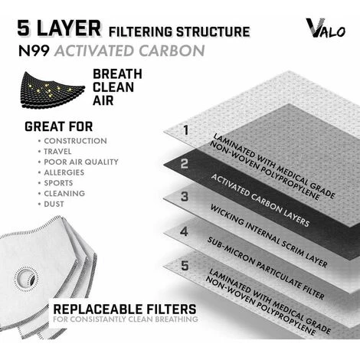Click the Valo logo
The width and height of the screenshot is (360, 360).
coord(326,28)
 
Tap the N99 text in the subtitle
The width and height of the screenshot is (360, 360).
coord(34,51)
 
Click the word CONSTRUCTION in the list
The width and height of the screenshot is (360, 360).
coord(75,141)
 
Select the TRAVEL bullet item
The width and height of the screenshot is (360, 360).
coord(57,152)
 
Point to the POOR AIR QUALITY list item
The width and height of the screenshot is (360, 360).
coord(81,162)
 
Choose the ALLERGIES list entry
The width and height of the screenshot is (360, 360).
coord(64,172)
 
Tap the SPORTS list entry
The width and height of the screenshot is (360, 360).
coord(58,183)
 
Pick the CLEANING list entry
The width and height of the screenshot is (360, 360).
coord(64,194)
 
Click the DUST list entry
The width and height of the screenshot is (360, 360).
coord(54,204)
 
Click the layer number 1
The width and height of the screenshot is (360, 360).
coord(186,129)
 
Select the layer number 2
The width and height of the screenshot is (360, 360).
coord(185,163)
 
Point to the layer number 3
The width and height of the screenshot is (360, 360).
coord(185,197)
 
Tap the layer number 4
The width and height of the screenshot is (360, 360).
coord(184,231)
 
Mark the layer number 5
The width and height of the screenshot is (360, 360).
coord(185,266)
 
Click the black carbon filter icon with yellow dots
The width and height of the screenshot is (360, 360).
coord(53,90)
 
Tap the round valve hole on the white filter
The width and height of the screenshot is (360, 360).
coord(26,279)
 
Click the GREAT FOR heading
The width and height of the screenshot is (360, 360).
coord(58,126)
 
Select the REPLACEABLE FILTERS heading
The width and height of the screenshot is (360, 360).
coord(125,309)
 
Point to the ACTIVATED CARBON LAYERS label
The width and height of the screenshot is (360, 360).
coord(260,201)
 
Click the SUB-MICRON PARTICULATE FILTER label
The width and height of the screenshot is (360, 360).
coord(266,268)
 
